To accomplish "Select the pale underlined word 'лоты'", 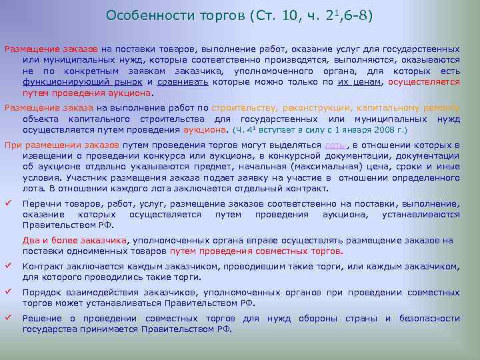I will coord(335,145).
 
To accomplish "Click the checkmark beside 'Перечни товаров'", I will coord(9,204).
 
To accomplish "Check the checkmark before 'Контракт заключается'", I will coord(9,265).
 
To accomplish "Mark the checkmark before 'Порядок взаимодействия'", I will coord(9,291).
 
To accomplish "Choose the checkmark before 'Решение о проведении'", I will coord(9,317).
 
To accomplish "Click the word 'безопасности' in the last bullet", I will coord(429,318).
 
